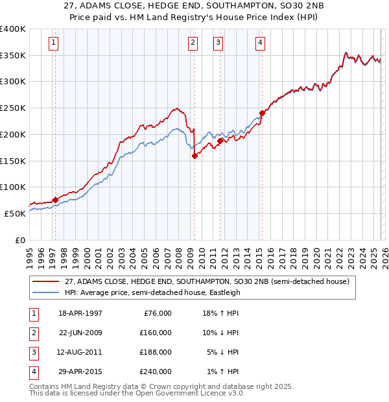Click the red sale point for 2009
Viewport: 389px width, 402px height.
[x=194, y=155]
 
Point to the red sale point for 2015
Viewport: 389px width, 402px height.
[x=262, y=113]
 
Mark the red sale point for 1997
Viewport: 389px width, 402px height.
[x=55, y=200]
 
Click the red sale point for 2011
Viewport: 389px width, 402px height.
[x=220, y=140]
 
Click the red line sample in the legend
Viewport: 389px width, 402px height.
[x=46, y=281]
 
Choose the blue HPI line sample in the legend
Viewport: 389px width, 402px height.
[x=46, y=292]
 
